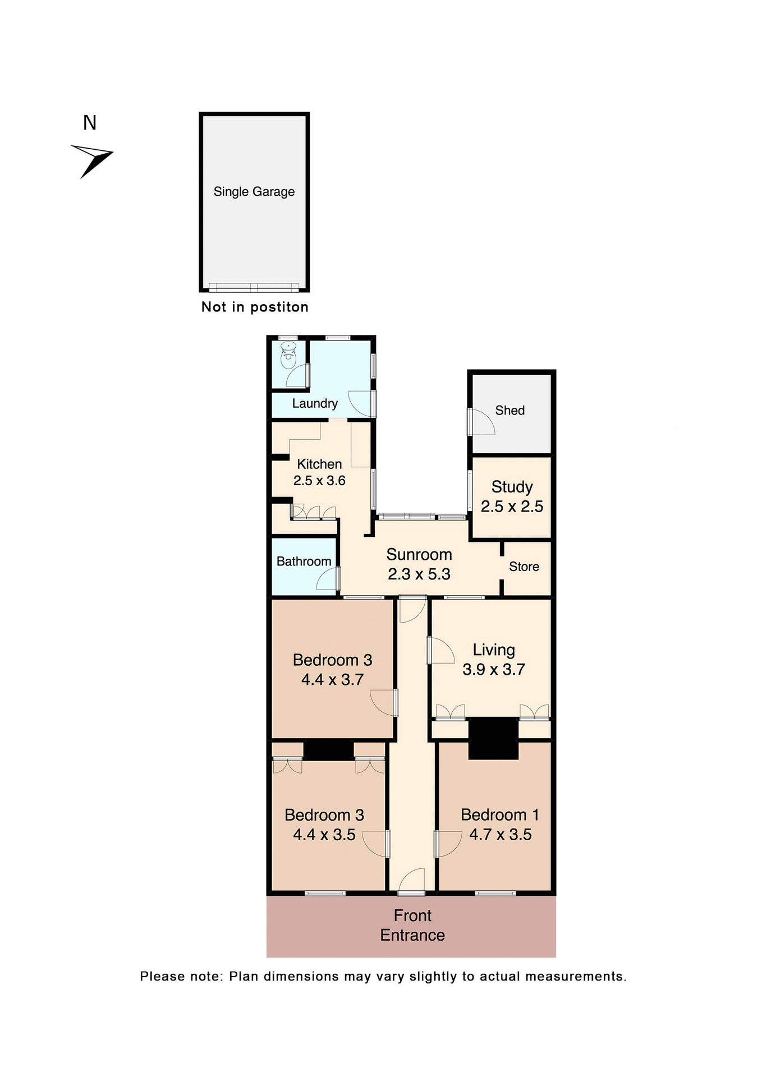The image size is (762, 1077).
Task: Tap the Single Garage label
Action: (254, 192)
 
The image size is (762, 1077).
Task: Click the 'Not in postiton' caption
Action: (255, 307)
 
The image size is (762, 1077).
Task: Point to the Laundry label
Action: (315, 403)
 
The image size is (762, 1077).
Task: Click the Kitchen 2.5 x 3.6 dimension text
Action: (319, 481)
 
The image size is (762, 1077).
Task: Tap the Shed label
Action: (509, 411)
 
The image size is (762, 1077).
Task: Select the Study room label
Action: (512, 487)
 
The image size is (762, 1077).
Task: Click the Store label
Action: (524, 567)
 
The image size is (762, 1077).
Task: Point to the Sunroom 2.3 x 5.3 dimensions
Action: (419, 574)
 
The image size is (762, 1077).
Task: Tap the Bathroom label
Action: (304, 561)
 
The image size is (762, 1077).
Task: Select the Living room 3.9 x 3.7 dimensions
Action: (494, 669)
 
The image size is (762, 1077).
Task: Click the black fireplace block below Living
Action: (493, 738)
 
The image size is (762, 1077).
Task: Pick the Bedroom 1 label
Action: (500, 814)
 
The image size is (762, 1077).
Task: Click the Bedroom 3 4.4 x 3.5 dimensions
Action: (324, 835)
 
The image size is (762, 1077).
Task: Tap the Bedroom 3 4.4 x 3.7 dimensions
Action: (333, 680)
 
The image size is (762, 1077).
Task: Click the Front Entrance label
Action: (412, 925)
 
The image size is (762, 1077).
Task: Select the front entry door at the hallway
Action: (412, 882)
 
